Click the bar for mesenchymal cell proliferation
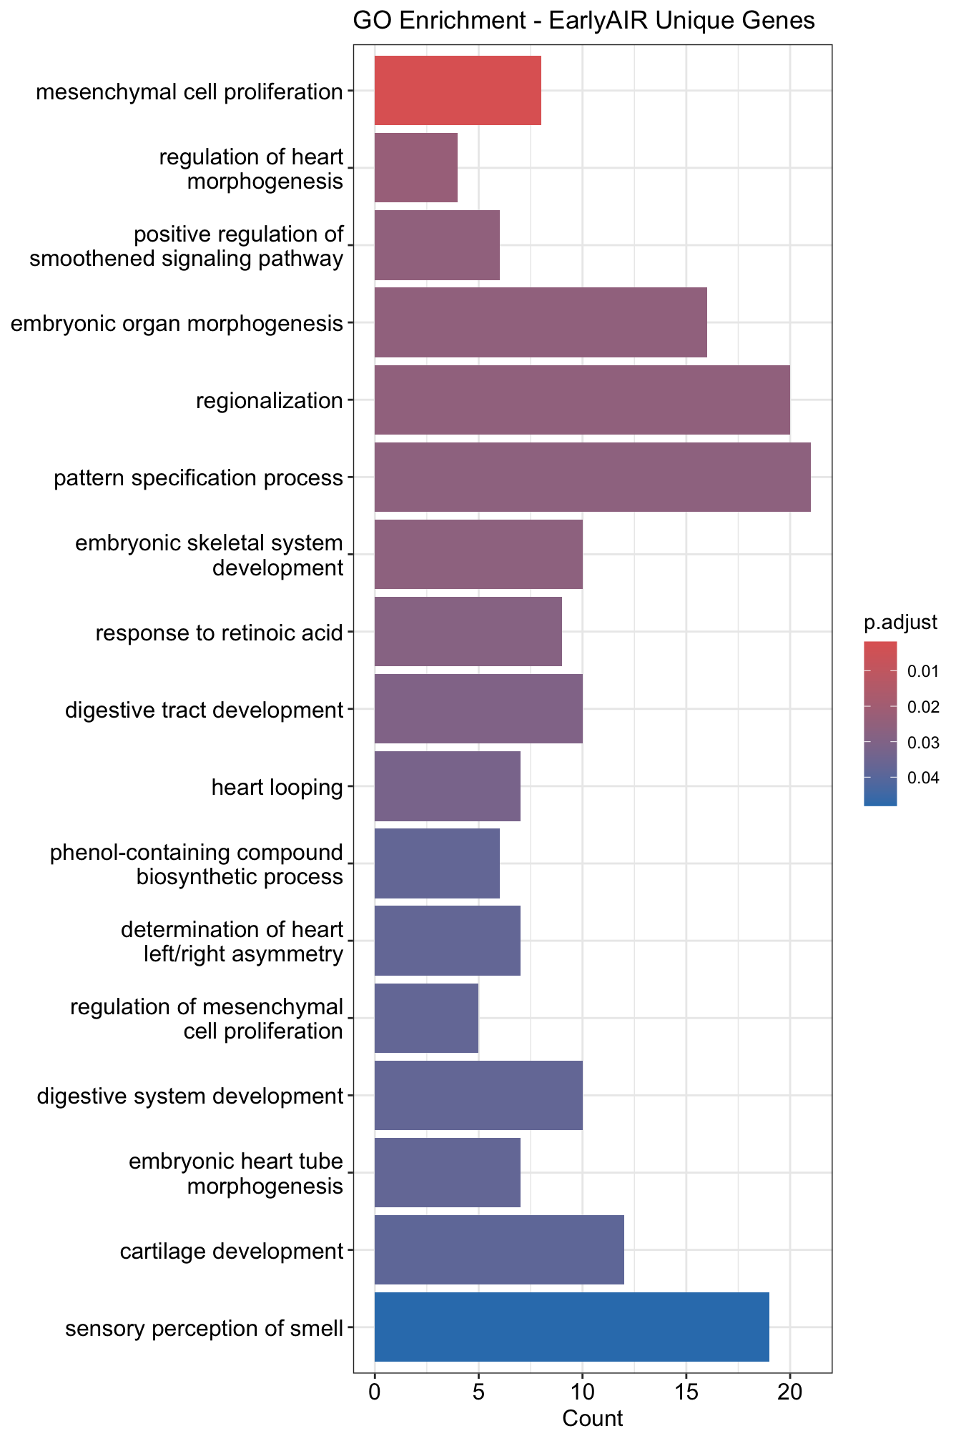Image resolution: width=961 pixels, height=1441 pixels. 458,91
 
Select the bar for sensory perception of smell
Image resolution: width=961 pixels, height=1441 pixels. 572,1327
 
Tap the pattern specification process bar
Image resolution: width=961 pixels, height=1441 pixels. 592,477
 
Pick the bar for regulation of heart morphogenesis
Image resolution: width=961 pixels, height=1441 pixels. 416,168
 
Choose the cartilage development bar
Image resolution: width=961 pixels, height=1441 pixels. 499,1250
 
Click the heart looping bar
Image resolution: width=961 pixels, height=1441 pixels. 448,786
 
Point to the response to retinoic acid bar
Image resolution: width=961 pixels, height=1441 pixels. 468,632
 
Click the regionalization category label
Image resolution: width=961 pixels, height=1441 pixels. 270,401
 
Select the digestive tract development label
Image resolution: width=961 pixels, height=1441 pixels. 204,710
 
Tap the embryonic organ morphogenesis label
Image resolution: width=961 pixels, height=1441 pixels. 177,324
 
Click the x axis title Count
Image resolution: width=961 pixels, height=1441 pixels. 592,1418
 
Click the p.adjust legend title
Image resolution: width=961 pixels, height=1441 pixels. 900,623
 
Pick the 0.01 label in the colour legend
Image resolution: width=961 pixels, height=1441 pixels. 923,672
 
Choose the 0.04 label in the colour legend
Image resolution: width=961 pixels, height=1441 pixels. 923,778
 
